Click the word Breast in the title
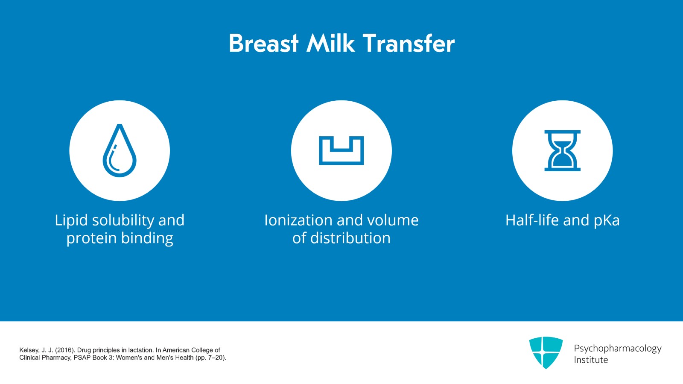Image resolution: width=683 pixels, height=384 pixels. pyautogui.click(x=263, y=44)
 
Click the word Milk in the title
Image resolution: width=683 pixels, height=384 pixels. pyautogui.click(x=330, y=44)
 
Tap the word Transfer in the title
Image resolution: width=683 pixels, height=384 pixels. pyautogui.click(x=409, y=44)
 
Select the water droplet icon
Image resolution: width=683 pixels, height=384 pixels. pyautogui.click(x=120, y=151)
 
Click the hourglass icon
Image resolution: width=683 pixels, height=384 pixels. pyautogui.click(x=562, y=151)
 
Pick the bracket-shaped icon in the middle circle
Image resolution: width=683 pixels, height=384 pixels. pyautogui.click(x=341, y=151)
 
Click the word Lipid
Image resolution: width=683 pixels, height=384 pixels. pyautogui.click(x=71, y=220)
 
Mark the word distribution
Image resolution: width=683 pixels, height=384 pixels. pyautogui.click(x=350, y=238)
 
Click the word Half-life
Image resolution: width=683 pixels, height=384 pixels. pyautogui.click(x=532, y=220)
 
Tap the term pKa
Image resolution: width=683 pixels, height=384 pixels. pyautogui.click(x=607, y=220)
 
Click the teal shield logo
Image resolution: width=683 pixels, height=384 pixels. pyautogui.click(x=546, y=352)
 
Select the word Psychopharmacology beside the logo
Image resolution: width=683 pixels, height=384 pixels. pyautogui.click(x=617, y=349)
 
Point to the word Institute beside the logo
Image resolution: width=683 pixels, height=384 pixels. pyautogui.click(x=591, y=360)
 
